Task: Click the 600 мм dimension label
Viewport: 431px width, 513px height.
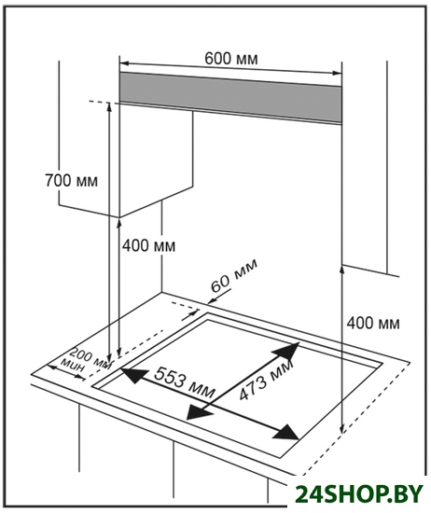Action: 231,59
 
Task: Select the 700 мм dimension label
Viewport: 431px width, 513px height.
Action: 71,181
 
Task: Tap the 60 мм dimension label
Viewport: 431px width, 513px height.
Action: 233,275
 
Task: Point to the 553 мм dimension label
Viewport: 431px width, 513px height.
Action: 185,382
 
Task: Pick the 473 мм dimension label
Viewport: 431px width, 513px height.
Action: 266,381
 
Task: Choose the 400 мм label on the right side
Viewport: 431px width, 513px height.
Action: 373,324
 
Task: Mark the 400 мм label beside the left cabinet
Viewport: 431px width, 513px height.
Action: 149,245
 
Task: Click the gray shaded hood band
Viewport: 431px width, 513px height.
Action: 230,97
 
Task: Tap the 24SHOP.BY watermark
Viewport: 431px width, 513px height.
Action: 358,494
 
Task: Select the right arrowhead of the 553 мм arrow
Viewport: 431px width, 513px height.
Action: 286,433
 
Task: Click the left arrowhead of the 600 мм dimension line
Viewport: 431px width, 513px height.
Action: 124,62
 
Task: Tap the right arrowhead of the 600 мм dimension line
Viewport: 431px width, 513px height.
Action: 337,74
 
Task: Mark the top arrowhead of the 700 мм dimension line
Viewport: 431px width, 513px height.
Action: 109,107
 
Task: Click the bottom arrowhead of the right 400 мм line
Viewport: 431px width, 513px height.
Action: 342,429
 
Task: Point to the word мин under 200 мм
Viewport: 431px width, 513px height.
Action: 74,366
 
